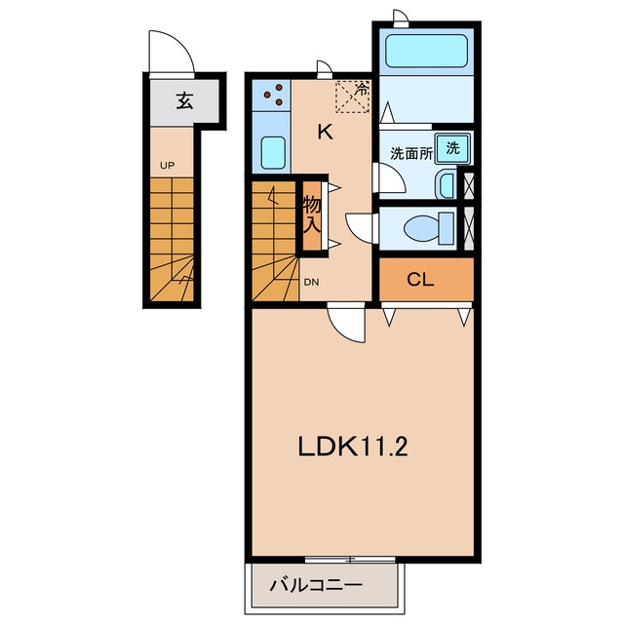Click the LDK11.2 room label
[x=353, y=447]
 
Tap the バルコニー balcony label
[x=316, y=585]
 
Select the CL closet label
[x=420, y=280]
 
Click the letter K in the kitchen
[x=325, y=132]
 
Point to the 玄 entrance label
[x=184, y=100]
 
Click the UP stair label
[x=167, y=165]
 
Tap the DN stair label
[x=311, y=282]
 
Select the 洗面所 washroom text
[x=411, y=153]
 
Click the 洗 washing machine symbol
[x=452, y=148]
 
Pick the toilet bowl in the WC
[x=429, y=229]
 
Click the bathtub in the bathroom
[x=426, y=51]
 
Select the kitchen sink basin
[x=273, y=153]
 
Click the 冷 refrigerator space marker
[x=353, y=97]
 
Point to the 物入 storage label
[x=312, y=214]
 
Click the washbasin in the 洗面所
[x=446, y=184]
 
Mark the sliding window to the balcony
[x=351, y=559]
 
